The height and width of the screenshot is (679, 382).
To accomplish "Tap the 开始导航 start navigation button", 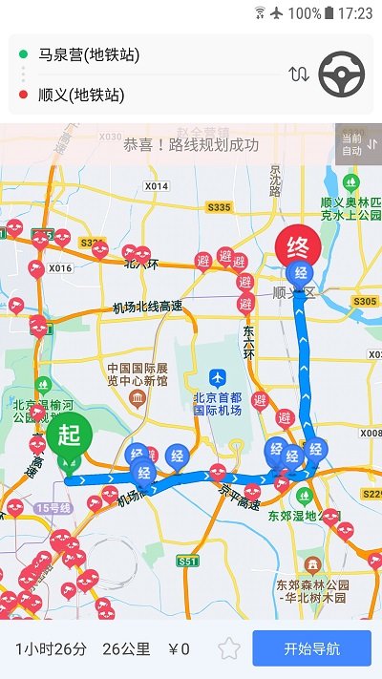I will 311,648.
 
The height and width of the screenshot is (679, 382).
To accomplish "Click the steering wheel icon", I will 341,74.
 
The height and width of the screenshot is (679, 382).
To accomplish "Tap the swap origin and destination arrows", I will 299,74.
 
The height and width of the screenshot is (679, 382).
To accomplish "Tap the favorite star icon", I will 229,649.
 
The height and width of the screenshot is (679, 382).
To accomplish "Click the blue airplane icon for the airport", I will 218,379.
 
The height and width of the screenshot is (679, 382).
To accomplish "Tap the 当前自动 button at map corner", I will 358,144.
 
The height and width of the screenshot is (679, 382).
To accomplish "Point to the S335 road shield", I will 219,207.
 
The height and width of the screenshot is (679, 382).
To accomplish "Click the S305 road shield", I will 365,302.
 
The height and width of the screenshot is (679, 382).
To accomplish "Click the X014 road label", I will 157,185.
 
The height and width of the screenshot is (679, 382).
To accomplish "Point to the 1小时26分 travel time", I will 51,649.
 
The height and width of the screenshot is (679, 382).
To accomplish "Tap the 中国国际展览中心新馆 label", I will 138,374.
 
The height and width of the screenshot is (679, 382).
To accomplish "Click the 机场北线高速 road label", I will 147,308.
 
